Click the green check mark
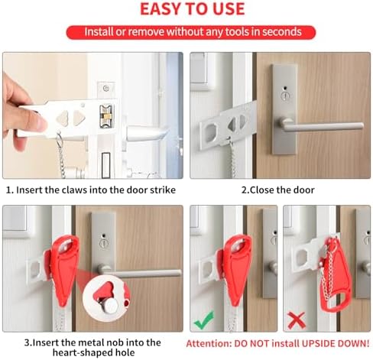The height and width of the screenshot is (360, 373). (x=204, y=320)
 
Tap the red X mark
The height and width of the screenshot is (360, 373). (x=297, y=320)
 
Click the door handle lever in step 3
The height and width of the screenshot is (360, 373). (x=140, y=272)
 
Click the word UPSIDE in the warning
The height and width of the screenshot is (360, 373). (x=319, y=343)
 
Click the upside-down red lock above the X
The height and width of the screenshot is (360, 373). (x=332, y=274)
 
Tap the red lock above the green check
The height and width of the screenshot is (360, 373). (x=236, y=269)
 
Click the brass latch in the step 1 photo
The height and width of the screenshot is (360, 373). (x=106, y=117)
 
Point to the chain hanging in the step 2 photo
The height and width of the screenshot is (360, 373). (x=232, y=158)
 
